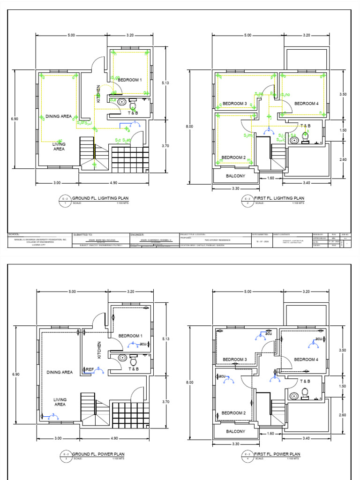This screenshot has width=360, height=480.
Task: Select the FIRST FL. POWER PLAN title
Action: (x=277, y=454)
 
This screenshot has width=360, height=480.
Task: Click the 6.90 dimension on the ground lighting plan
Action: (x=15, y=119)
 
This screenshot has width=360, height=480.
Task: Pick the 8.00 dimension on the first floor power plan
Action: (x=190, y=382)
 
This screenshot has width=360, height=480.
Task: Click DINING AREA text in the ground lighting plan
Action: (x=59, y=116)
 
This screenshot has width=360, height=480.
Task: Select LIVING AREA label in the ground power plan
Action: (x=60, y=402)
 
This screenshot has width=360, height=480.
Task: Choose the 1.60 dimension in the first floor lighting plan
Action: (x=270, y=178)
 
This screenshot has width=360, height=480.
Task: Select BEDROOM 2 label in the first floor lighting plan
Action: (x=234, y=157)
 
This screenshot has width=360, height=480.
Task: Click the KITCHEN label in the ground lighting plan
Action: (x=98, y=94)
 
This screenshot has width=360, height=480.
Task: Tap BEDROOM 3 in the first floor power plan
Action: (x=234, y=360)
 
